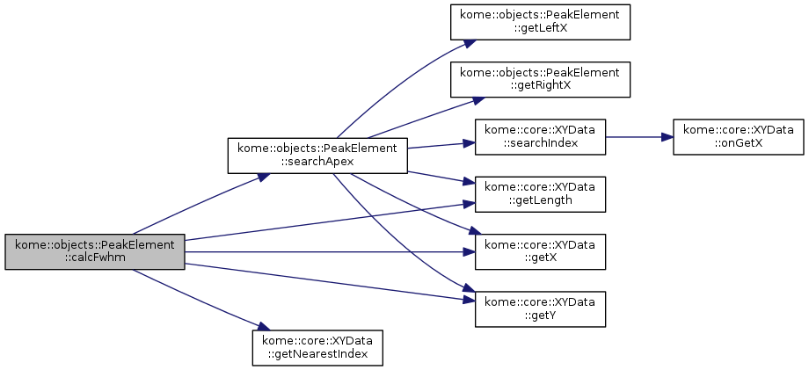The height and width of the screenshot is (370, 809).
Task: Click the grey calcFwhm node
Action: [95, 251]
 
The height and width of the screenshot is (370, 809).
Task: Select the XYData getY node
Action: [541, 308]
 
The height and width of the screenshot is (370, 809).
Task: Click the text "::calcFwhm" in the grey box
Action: [95, 258]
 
